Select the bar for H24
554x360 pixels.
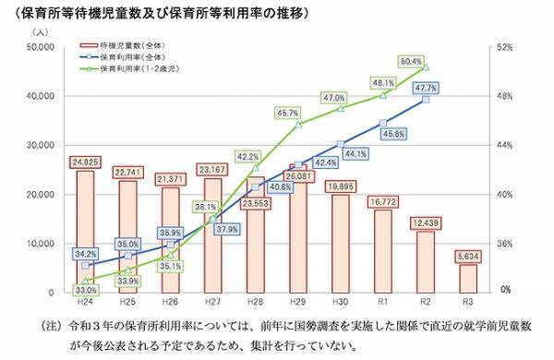(85, 231)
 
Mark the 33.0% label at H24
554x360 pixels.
(83, 290)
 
